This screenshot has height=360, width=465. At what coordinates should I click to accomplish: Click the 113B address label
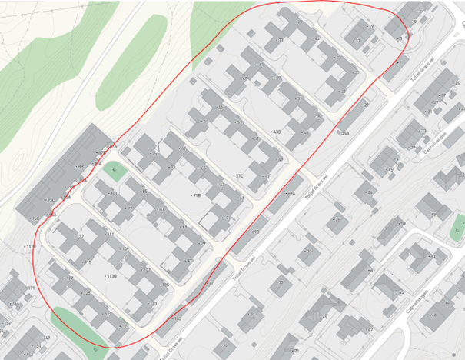tap(111, 276)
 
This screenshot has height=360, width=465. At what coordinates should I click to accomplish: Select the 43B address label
tap(277, 132)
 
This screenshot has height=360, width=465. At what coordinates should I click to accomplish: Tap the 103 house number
tap(178, 318)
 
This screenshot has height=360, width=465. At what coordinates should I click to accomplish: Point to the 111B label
tap(30, 247)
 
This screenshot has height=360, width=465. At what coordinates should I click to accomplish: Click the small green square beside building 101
tap(113, 171)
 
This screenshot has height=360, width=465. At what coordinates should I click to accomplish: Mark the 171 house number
tap(31, 288)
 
